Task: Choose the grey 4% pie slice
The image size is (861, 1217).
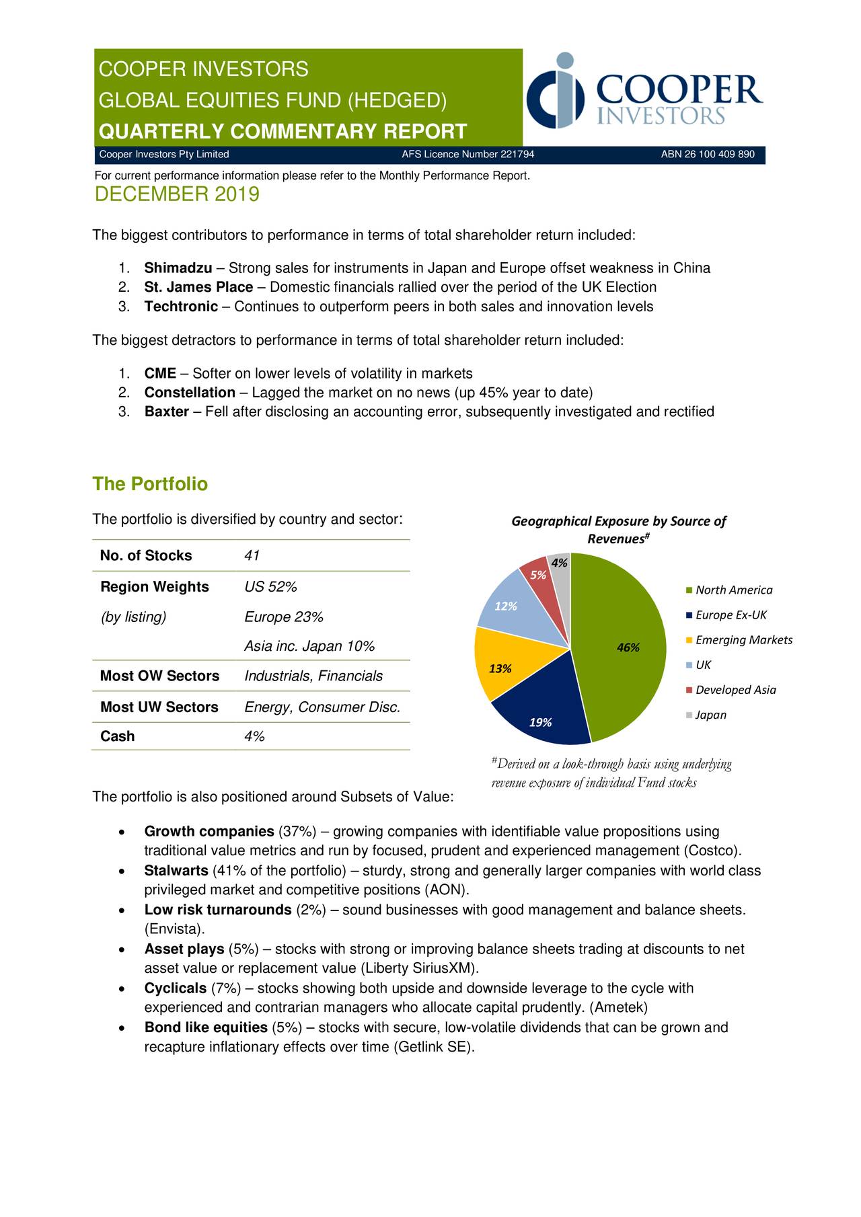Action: tap(560, 566)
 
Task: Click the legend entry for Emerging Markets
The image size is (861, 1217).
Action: tap(743, 640)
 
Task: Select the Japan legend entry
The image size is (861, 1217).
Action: tap(710, 715)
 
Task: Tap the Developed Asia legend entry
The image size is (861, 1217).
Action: tap(735, 690)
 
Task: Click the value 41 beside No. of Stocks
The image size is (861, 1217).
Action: tap(252, 556)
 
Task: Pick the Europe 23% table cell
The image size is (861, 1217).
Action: tap(283, 617)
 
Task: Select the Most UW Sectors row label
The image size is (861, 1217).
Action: tap(159, 707)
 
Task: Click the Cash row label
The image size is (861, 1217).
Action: tap(118, 736)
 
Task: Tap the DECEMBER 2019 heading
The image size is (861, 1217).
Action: tap(177, 194)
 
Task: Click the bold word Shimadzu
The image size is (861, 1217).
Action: tap(178, 268)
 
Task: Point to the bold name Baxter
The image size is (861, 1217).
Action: tap(166, 411)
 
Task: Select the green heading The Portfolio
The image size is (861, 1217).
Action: tap(150, 484)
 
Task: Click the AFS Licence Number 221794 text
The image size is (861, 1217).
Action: tap(467, 155)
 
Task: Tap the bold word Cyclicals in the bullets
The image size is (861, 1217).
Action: tap(176, 988)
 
